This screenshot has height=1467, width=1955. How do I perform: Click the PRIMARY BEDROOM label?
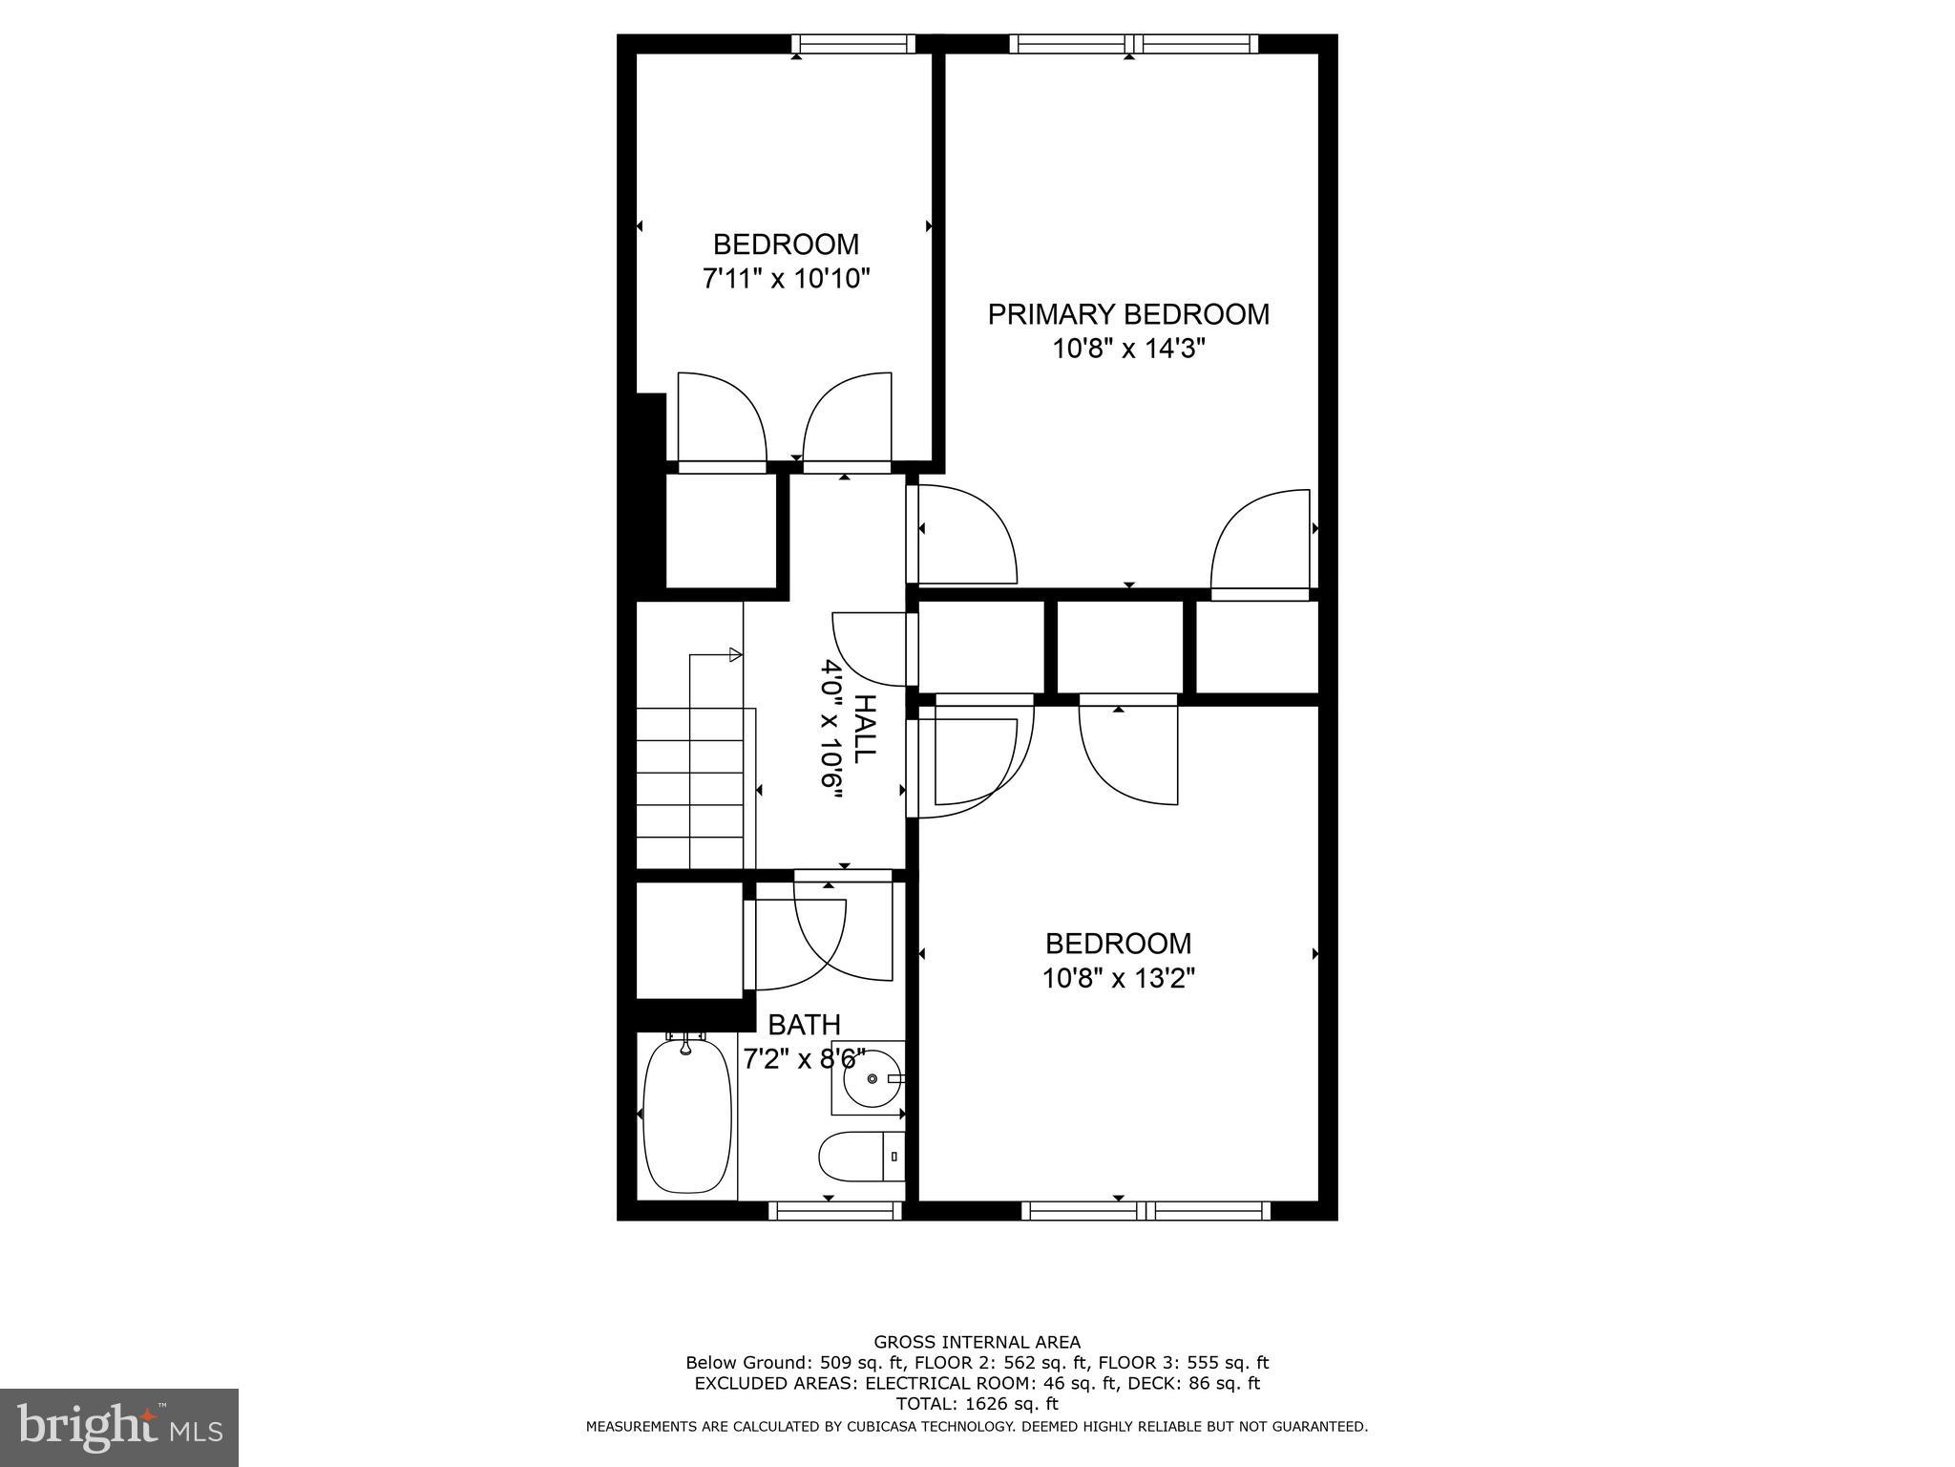[1128, 314]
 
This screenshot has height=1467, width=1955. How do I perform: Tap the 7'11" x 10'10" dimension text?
[787, 280]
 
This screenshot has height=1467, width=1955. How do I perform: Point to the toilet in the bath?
[860, 1156]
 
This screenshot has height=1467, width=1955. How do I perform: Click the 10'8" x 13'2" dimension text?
[1118, 979]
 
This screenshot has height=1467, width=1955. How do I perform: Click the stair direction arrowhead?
[735, 654]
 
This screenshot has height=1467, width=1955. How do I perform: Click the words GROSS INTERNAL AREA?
[977, 1343]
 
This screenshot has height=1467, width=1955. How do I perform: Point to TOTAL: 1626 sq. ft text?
[977, 1404]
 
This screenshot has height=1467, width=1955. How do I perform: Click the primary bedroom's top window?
[1133, 44]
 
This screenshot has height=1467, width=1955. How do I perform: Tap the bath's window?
[835, 1211]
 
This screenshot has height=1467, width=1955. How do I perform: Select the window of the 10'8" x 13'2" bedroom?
[1146, 1211]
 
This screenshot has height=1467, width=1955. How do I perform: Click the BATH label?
[804, 1025]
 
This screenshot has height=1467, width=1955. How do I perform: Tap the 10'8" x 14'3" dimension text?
[1128, 350]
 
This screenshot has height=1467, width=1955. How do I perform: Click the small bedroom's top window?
[853, 44]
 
